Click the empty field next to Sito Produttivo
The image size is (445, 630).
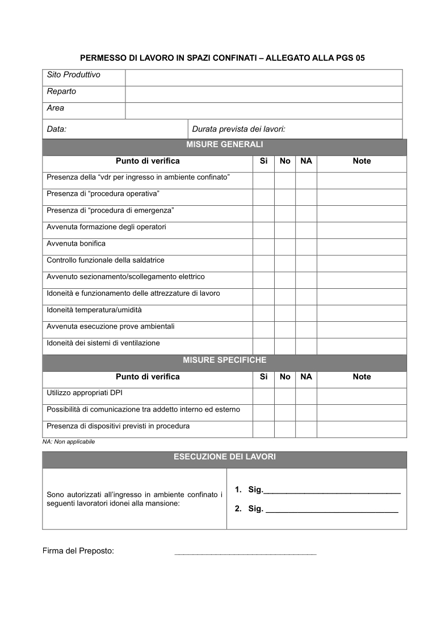pos(263,78)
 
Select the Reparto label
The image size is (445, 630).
pos(61,92)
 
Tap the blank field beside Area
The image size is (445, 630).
pos(263,111)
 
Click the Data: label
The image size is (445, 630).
pos(57,129)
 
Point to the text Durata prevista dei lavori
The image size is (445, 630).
pos(238,129)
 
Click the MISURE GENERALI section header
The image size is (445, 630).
pos(224,145)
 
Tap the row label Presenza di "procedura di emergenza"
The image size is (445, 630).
pos(110,211)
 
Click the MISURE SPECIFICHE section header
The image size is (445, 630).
pos(224,360)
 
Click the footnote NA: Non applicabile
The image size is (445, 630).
pos(69,442)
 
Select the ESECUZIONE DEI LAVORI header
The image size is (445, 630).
pos(224,457)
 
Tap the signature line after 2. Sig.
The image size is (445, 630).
pos(332,511)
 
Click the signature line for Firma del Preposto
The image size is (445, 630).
pos(245,552)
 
